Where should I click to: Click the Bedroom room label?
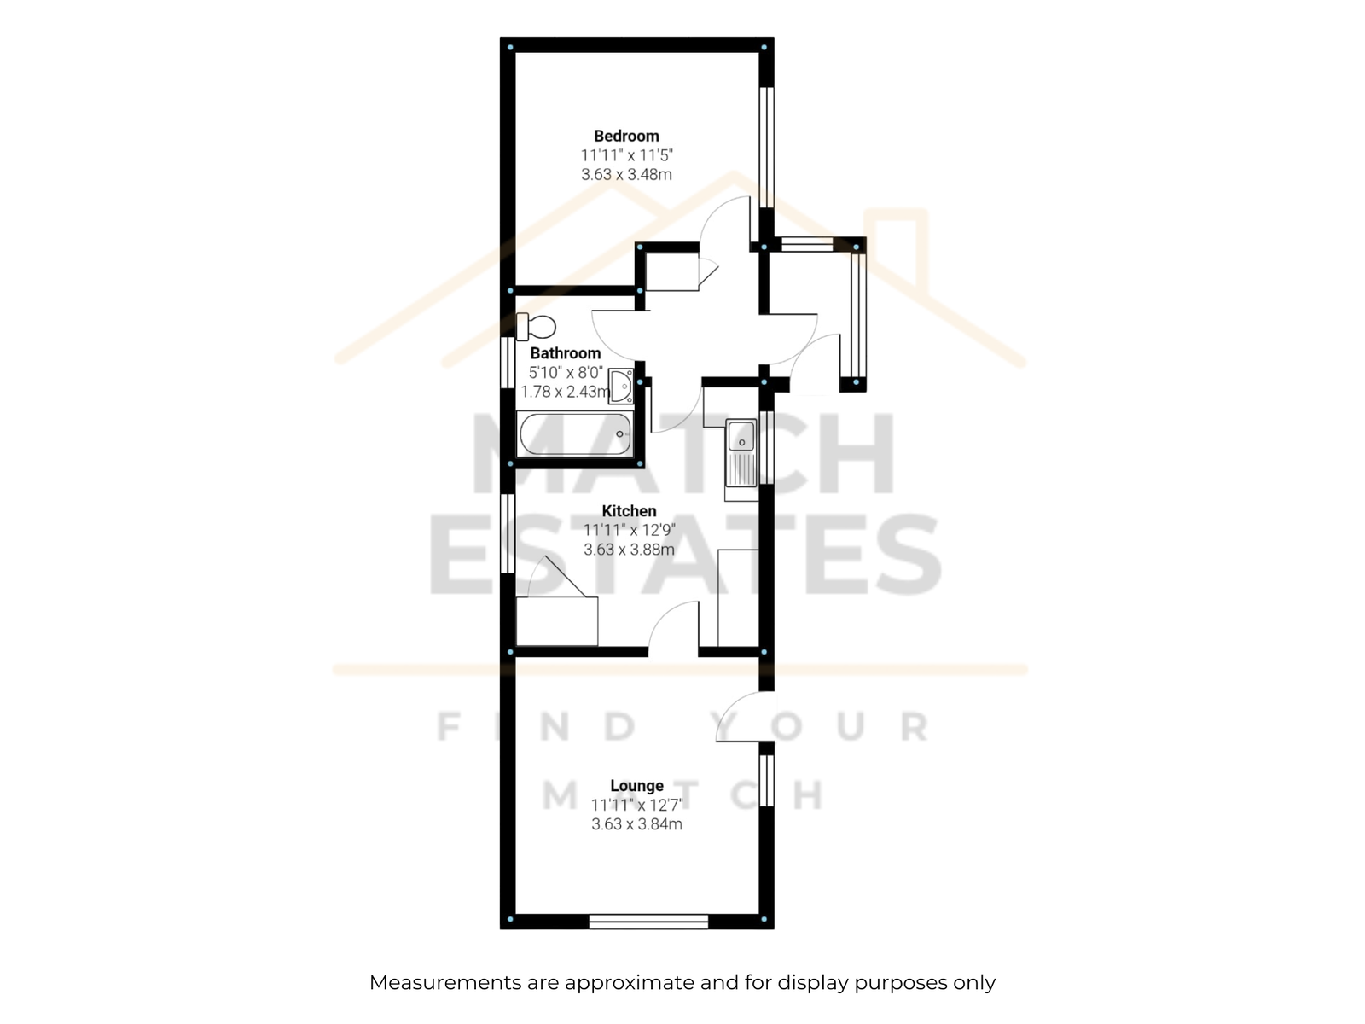click(x=626, y=136)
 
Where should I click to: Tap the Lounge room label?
click(x=636, y=786)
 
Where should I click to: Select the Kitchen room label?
click(x=629, y=511)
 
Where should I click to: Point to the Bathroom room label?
click(x=566, y=353)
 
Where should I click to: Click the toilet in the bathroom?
click(x=536, y=327)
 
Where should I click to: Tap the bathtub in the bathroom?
click(x=575, y=434)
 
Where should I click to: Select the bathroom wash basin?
click(x=620, y=386)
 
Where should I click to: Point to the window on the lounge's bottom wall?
click(x=648, y=922)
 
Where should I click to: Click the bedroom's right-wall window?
click(x=767, y=147)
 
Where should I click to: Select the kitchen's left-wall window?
click(x=508, y=533)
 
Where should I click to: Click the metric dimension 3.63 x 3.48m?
click(x=626, y=175)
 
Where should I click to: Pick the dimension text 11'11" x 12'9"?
click(x=629, y=530)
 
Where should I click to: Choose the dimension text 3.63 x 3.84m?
click(x=636, y=824)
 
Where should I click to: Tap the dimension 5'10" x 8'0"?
click(x=566, y=372)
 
